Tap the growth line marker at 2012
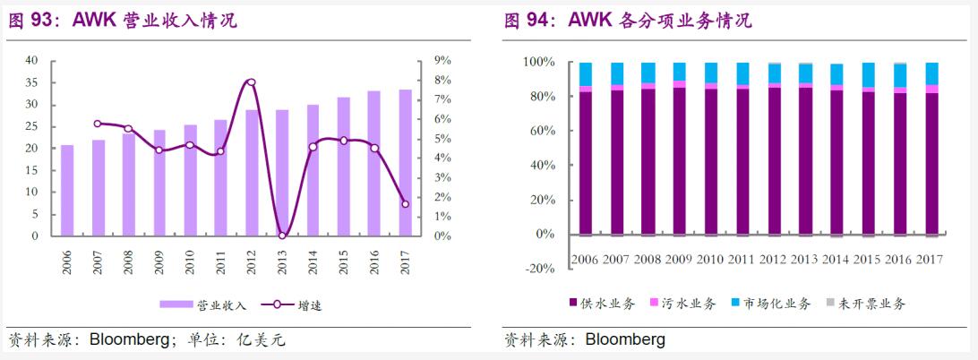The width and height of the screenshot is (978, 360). [x=251, y=82]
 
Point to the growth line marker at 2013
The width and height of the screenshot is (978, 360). [x=282, y=236]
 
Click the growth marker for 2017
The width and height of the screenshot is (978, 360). [x=405, y=204]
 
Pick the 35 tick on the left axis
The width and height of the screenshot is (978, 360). [x=32, y=82]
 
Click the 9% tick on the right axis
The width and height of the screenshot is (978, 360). [x=442, y=60]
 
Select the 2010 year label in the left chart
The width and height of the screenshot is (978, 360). [x=190, y=261]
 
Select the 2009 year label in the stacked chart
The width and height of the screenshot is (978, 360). [x=680, y=260]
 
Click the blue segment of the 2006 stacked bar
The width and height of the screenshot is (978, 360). [x=586, y=74]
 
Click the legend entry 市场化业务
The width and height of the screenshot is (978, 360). [x=776, y=304]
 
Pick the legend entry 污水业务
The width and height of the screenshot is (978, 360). [x=690, y=304]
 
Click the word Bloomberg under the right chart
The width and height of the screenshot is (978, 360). [x=624, y=340]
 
